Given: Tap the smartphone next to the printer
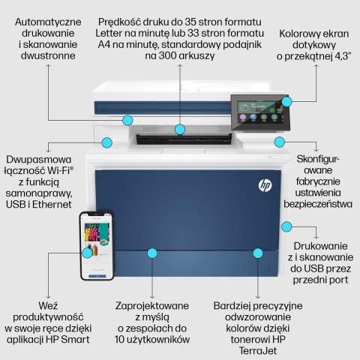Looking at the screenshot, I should point(96,245).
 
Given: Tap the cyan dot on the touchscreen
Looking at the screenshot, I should point(284,103).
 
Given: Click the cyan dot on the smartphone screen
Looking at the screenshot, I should point(88,253).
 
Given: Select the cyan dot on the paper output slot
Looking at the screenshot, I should point(180,130).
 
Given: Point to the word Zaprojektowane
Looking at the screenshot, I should point(152,306).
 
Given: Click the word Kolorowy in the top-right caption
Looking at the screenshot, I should point(304,34).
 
